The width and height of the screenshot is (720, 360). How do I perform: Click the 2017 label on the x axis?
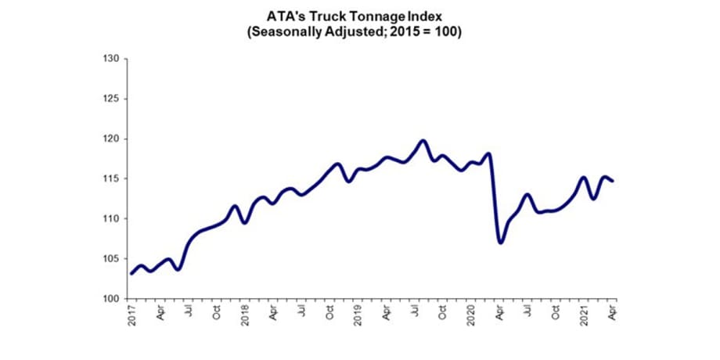(x=131, y=316)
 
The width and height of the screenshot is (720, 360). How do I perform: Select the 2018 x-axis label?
(x=245, y=316)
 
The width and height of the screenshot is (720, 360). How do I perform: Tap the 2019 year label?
(x=358, y=316)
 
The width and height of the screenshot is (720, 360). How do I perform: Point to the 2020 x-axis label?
(x=472, y=316)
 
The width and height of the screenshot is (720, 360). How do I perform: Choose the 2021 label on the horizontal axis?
(x=585, y=316)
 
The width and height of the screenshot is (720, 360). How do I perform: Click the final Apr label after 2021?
(x=613, y=314)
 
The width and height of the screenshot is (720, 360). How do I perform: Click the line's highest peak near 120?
(x=423, y=141)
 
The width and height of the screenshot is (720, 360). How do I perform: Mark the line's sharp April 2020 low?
(x=500, y=243)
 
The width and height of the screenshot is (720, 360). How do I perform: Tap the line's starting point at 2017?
(x=131, y=273)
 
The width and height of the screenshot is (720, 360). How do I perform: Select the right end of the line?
(x=613, y=181)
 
